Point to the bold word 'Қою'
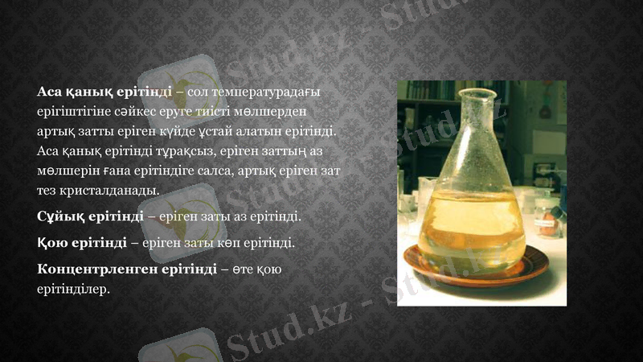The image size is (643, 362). (52, 241)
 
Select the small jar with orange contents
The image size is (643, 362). (551, 217)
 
